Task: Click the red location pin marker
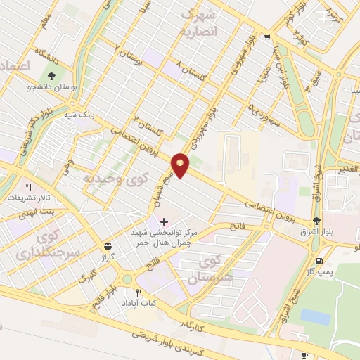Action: [x=181, y=165]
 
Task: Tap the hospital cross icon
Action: [x=165, y=221]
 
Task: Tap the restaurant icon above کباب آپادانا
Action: [x=139, y=292]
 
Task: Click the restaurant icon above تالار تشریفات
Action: [x=29, y=187]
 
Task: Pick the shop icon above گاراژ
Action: [x=108, y=247]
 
